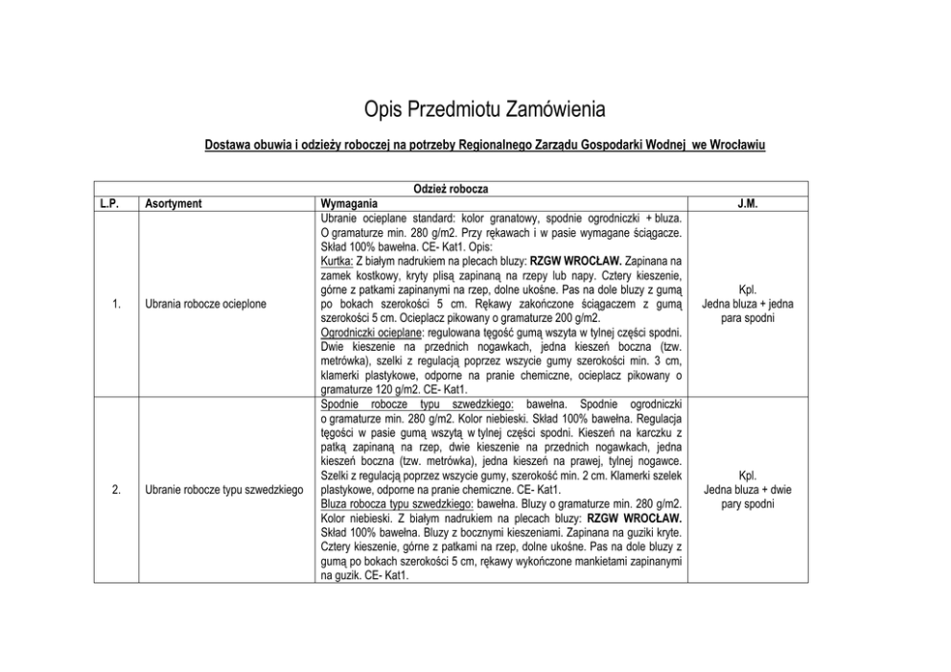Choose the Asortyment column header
pyautogui.click(x=174, y=203)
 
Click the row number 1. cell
pyautogui.click(x=115, y=304)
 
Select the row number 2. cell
pyautogui.click(x=115, y=491)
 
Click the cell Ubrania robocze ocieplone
pyautogui.click(x=206, y=304)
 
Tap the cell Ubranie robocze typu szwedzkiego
pyautogui.click(x=224, y=491)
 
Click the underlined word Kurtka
pyautogui.click(x=336, y=261)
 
